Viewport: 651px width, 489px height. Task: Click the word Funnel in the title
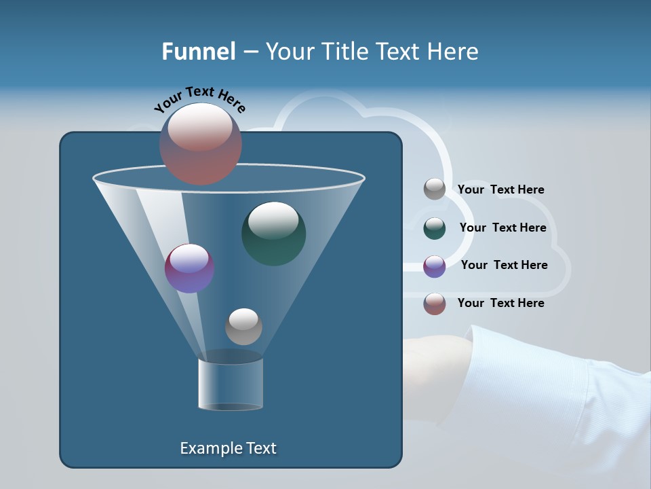click(x=198, y=52)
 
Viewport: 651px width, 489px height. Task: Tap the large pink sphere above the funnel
click(x=201, y=143)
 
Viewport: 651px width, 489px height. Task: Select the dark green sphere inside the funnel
click(x=274, y=233)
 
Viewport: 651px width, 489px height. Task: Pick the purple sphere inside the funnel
click(x=190, y=268)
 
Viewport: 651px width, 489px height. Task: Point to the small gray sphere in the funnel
click(x=243, y=327)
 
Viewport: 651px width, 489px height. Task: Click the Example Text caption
click(x=228, y=448)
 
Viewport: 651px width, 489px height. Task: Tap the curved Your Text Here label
click(x=199, y=99)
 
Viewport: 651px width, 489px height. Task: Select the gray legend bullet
click(x=435, y=189)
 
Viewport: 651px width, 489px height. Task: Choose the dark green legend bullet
click(x=435, y=228)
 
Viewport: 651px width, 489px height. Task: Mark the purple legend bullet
click(x=435, y=266)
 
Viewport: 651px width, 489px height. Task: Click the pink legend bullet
click(x=435, y=304)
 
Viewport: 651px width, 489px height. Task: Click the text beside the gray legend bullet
click(x=500, y=189)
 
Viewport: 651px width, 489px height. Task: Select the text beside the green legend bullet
click(x=502, y=228)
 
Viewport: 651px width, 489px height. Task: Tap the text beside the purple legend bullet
click(x=504, y=265)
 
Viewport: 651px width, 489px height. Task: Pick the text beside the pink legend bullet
click(x=500, y=303)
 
